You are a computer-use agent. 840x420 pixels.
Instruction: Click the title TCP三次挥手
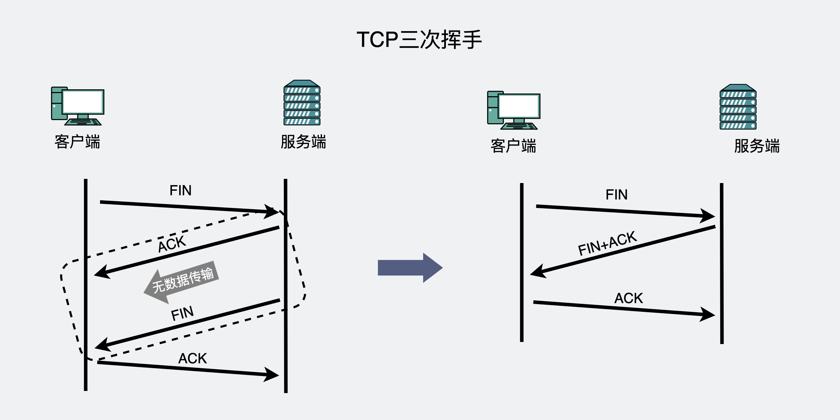coord(419,40)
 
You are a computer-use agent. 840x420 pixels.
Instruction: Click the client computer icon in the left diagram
coord(78,106)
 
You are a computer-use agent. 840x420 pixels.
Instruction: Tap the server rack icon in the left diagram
coord(302,103)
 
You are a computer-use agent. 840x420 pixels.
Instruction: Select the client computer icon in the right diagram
coord(514,110)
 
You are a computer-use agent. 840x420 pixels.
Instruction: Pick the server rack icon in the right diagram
coord(738,107)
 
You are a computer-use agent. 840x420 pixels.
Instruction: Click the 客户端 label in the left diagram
coord(77,142)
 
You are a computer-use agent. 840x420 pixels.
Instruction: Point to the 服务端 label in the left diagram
coord(303,142)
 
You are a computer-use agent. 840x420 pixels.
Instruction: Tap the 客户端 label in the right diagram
coord(513,146)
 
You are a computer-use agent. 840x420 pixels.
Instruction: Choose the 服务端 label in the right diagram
coord(757,146)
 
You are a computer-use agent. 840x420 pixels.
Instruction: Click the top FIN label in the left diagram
coord(181,191)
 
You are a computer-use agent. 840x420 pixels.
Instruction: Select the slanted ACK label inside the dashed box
coord(172,244)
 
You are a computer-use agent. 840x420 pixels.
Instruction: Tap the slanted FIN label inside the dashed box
coord(182,314)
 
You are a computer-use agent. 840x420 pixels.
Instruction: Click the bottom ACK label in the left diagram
coord(192,358)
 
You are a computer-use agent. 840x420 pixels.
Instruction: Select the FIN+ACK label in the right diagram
coord(607,244)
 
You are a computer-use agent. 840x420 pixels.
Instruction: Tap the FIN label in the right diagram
coord(617,195)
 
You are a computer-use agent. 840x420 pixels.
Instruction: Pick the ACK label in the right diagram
coord(629,298)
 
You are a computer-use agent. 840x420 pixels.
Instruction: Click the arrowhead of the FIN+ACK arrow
coord(537,272)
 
